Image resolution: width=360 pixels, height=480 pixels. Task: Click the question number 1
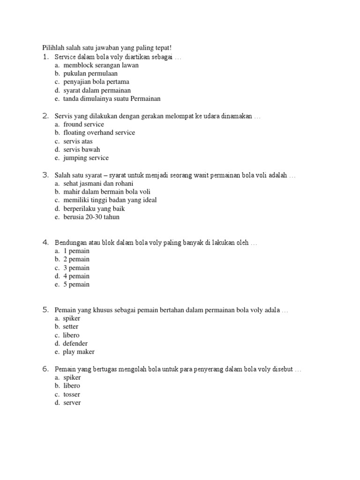tap(45, 57)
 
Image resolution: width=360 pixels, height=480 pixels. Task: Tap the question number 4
tap(45, 242)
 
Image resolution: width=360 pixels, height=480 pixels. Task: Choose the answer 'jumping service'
tap(86, 158)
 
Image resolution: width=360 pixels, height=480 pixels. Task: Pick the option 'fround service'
tap(83, 124)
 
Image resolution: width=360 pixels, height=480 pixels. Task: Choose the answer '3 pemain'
tap(76, 268)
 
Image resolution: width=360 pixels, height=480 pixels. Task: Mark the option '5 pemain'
tap(76, 285)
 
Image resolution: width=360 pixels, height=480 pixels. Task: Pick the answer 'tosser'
tap(72, 394)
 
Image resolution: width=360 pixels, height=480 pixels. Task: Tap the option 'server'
tap(72, 403)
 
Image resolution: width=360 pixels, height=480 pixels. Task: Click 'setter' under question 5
tap(71, 327)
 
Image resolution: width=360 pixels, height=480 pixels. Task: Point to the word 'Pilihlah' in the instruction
tap(53, 48)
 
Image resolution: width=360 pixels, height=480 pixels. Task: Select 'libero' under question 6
tap(72, 386)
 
